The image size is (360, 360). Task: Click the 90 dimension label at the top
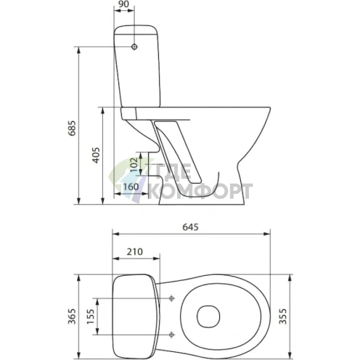tap(124, 4)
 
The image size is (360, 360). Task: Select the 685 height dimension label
tap(72, 128)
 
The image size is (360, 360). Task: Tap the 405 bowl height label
tap(97, 155)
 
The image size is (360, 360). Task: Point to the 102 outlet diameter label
tap(134, 165)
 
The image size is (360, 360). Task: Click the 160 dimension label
tap(131, 187)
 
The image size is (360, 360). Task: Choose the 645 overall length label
tap(190, 227)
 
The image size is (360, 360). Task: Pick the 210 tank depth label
tap(135, 252)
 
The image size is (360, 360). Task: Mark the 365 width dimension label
tap(72, 316)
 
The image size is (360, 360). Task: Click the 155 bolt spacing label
tap(91, 316)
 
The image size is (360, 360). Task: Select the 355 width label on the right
tap(282, 316)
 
